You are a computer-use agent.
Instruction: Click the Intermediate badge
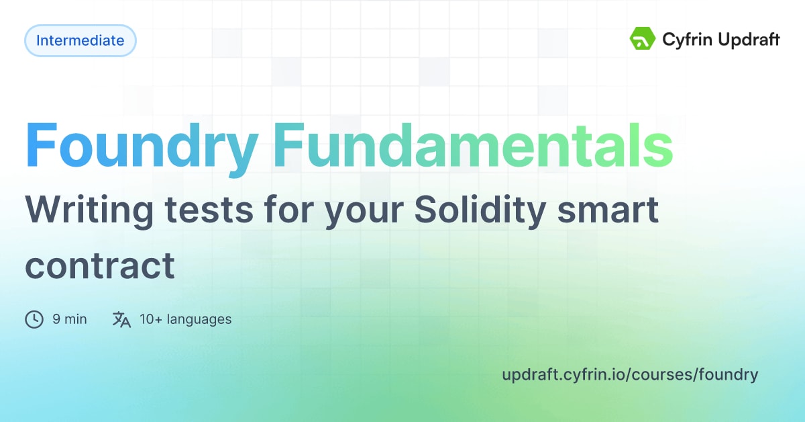tap(80, 40)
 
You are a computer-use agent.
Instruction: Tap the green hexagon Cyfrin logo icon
tap(642, 38)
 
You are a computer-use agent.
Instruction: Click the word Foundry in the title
tap(142, 149)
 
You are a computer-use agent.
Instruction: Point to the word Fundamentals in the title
tap(473, 145)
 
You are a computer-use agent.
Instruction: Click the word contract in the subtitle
tap(100, 267)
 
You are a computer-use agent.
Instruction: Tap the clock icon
tap(34, 319)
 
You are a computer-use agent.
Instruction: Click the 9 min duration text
tap(70, 319)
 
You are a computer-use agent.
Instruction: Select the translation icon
tap(121, 319)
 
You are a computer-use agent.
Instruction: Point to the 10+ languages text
tap(185, 319)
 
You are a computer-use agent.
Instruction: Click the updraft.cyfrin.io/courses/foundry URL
tap(630, 375)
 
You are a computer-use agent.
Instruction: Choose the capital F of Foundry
tap(42, 144)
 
